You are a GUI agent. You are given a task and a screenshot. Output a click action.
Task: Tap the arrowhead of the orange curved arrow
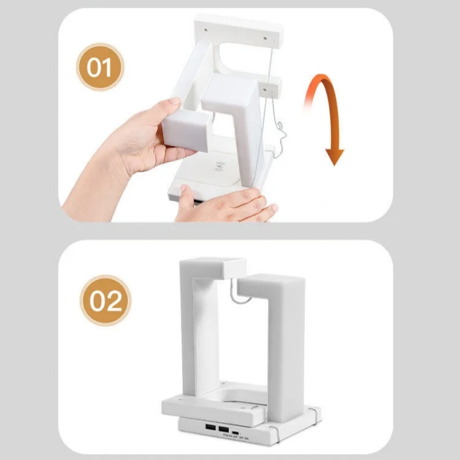[334, 156]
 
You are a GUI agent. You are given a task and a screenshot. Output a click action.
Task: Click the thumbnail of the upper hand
[173, 104]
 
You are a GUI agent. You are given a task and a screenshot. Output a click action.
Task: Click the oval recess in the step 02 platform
[241, 397]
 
